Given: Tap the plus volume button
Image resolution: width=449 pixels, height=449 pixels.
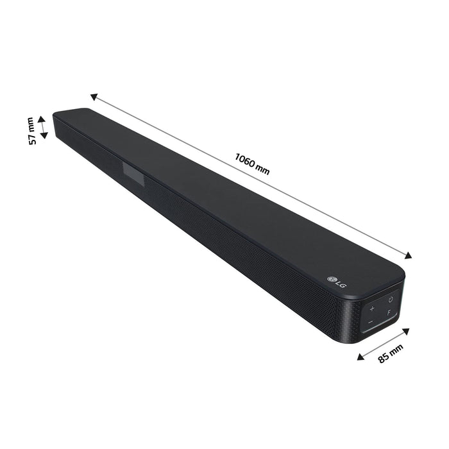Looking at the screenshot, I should point(372,309).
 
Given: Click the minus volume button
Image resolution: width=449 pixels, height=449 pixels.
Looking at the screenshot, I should point(370,324).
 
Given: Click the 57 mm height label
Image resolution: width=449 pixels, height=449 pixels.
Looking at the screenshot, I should point(31,131).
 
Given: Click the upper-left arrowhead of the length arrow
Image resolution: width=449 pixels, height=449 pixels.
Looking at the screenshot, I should point(93,97).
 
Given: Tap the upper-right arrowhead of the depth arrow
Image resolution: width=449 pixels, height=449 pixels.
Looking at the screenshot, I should point(407,332).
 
